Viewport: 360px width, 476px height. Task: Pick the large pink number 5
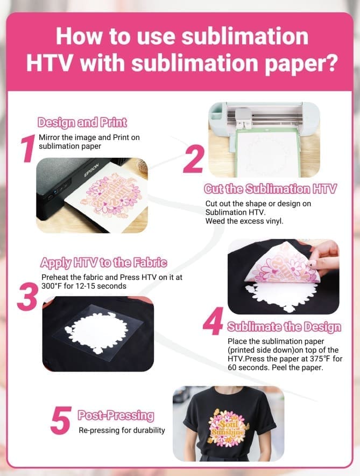(x=61, y=421)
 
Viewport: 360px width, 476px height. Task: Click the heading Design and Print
(x=82, y=123)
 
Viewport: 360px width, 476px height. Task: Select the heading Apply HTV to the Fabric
(x=103, y=263)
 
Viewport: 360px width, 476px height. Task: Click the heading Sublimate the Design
(x=284, y=327)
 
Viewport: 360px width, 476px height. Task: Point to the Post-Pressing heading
(x=116, y=416)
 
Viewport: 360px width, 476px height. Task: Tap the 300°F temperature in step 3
(x=54, y=286)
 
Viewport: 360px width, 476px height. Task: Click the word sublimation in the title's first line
(x=240, y=36)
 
